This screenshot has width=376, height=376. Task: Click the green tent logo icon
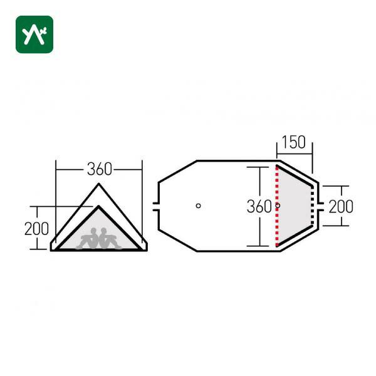tap(34, 34)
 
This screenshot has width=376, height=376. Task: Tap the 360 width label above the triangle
tap(99, 169)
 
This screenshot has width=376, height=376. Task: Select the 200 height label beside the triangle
tap(36, 229)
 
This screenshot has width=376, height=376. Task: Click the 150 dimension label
tap(293, 142)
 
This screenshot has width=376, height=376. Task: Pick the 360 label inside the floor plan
tap(259, 206)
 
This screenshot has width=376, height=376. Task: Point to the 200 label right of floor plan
tap(341, 206)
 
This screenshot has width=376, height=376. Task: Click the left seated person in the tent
tap(88, 239)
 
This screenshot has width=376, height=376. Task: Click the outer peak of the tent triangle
tap(98, 184)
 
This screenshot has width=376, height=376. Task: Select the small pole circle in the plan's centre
tap(198, 206)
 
